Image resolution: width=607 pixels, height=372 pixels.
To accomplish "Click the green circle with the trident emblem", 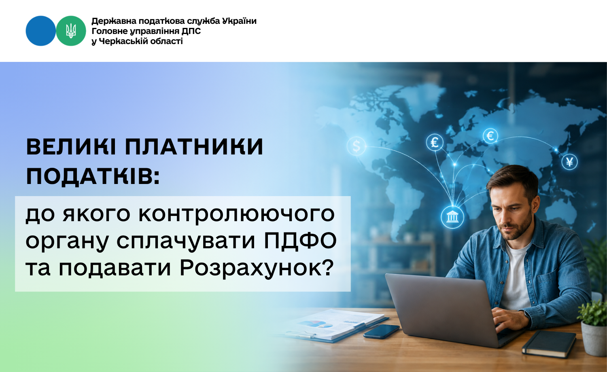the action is pos(71,31).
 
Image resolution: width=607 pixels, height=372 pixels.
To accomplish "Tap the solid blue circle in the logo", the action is pos(40,31).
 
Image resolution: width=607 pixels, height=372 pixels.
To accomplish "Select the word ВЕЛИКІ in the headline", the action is pos(71,147).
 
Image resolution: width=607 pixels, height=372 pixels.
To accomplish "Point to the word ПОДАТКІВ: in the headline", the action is pos(93,176).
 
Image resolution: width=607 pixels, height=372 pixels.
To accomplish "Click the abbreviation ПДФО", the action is pos(300,241).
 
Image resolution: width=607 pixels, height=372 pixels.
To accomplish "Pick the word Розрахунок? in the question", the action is pos(256,268).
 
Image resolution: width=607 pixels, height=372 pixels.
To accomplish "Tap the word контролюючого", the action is pos(236,214).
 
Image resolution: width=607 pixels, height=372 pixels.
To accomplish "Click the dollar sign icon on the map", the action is pos(357,146).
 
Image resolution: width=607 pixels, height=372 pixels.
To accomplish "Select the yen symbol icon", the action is pos(569,162).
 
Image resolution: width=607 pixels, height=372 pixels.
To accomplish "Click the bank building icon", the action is pos(452,217).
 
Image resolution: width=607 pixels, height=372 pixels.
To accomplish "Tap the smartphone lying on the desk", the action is pos(381,331).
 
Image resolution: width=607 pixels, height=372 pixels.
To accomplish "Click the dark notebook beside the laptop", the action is pos(549,344).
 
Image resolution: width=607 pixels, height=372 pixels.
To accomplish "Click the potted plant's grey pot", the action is pos(594,338).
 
